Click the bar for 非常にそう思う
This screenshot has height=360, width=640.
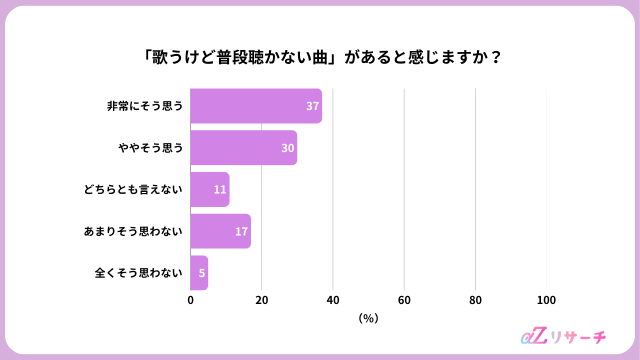pyautogui.click(x=256, y=106)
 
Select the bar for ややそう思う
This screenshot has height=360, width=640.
pyautogui.click(x=243, y=147)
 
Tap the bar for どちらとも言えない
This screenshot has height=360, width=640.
pyautogui.click(x=209, y=189)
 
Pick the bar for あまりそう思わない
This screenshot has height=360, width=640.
pyautogui.click(x=220, y=231)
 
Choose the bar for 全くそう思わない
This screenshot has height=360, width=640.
pyautogui.click(x=199, y=273)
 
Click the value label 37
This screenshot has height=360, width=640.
pyautogui.click(x=312, y=106)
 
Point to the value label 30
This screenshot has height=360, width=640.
pyautogui.click(x=287, y=148)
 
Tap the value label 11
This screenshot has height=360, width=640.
pyautogui.click(x=220, y=189)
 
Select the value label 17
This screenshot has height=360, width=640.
pyautogui.click(x=241, y=231)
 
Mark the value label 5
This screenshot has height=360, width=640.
pyautogui.click(x=201, y=273)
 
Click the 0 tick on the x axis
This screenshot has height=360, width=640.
pyautogui.click(x=190, y=300)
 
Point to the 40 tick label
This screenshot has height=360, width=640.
pyautogui.click(x=333, y=300)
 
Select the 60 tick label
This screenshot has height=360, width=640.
pyautogui.click(x=404, y=300)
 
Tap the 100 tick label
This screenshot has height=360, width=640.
pyautogui.click(x=546, y=300)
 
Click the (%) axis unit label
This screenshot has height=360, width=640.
pyautogui.click(x=368, y=318)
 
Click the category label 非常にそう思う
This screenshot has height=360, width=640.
pyautogui.click(x=145, y=106)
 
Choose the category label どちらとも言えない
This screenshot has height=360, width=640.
pyautogui.click(x=133, y=189)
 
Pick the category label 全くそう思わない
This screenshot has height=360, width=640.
pyautogui.click(x=138, y=273)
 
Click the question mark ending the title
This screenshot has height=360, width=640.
pyautogui.click(x=496, y=57)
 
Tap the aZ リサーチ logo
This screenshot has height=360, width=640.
pyautogui.click(x=563, y=336)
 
